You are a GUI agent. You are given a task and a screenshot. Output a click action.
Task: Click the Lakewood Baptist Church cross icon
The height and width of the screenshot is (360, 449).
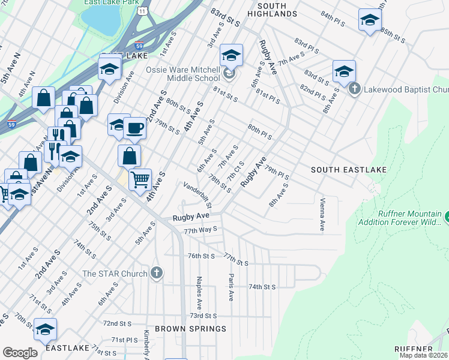(354, 89)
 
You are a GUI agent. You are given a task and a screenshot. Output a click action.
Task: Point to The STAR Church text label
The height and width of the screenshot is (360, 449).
(115, 274)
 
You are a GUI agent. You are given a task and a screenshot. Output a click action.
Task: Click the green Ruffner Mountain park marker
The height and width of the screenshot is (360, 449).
(447, 215)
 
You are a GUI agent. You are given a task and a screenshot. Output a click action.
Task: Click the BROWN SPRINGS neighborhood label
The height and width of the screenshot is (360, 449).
(191, 329)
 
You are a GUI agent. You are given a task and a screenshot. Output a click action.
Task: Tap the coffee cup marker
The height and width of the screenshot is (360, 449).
(135, 128)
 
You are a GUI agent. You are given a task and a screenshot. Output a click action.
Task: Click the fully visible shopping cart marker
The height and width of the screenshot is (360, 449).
(140, 179)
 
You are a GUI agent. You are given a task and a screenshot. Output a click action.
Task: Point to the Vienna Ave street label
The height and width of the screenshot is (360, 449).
(322, 214)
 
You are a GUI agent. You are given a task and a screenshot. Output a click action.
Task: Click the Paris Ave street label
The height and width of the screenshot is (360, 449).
(230, 287)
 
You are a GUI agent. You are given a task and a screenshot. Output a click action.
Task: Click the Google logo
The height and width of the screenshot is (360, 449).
(20, 353)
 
